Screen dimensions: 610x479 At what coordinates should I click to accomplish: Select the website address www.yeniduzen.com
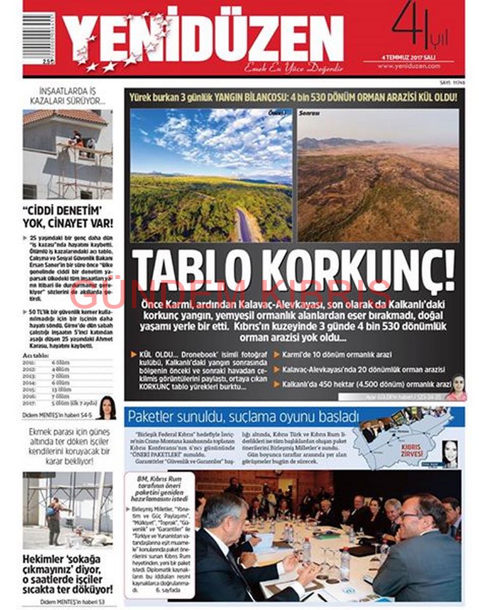coord(409,66)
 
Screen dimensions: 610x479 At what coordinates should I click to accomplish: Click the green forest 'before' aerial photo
coord(211,175)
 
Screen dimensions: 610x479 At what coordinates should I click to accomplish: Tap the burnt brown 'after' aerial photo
coord(378,175)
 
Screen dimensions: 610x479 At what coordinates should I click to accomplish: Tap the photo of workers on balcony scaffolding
coord(68,154)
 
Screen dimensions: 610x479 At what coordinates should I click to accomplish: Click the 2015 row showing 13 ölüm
coord(68,389)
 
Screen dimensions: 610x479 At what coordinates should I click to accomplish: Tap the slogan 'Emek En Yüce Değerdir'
coord(293,68)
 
